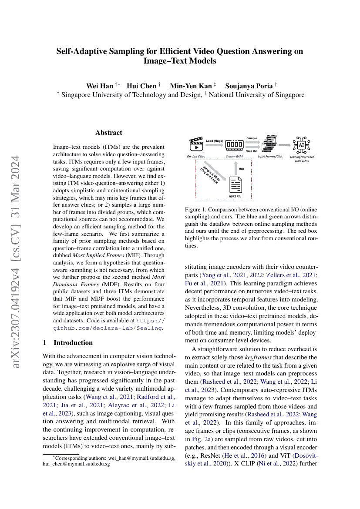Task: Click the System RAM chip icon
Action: point(235,144)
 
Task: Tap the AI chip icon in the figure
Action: point(301,144)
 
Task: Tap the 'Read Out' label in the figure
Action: point(252,151)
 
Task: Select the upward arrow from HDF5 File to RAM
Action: point(236,167)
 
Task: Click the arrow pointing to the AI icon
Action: point(285,144)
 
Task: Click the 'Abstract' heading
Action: point(108,133)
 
